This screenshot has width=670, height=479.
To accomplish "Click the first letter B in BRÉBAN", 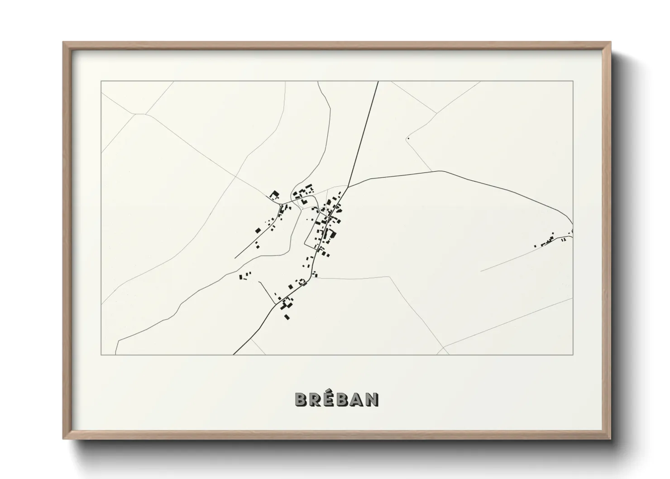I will (x=301, y=399).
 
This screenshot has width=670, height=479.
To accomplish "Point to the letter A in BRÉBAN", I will (x=358, y=399).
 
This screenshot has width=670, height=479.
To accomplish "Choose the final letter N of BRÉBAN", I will (x=373, y=399).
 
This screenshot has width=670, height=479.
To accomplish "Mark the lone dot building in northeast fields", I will (x=408, y=138).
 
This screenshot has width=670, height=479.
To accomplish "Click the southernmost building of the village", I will (x=287, y=316).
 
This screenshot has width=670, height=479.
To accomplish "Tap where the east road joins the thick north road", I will (x=348, y=186).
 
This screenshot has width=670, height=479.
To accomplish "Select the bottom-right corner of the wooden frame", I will (x=610, y=439).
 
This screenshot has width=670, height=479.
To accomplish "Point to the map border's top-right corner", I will (x=573, y=81).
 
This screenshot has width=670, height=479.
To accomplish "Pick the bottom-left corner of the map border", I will (x=101, y=354).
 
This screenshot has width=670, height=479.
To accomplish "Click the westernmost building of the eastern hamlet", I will (x=535, y=246).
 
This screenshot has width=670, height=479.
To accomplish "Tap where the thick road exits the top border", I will (x=378, y=81).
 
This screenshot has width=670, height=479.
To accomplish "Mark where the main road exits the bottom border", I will (x=234, y=354).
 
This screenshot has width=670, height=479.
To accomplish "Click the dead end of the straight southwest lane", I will (x=235, y=258).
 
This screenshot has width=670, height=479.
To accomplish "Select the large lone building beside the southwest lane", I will (x=258, y=230).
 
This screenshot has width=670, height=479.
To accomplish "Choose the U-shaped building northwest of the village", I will (x=274, y=195).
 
